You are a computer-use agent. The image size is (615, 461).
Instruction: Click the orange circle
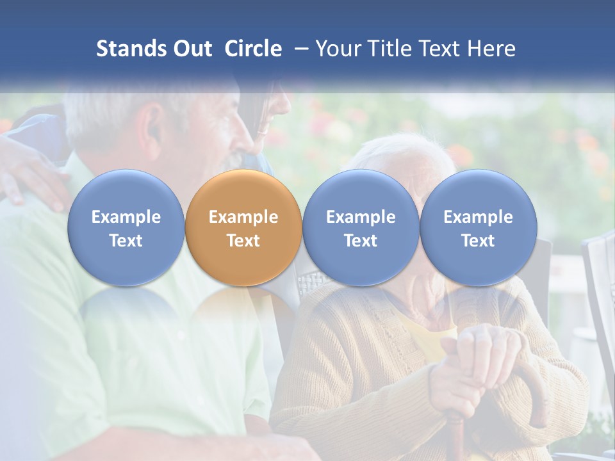point(243,228)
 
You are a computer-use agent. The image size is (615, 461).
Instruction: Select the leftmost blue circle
point(126,228)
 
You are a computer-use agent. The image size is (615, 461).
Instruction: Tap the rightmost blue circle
point(479,228)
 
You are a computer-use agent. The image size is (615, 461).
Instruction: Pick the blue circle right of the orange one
point(361,228)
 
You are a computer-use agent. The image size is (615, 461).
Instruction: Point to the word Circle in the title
point(253,49)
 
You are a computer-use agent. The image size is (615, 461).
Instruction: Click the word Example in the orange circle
point(243,217)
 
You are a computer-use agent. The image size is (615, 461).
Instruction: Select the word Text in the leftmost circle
point(126,241)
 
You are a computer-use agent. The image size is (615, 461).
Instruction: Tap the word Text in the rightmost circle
point(479,241)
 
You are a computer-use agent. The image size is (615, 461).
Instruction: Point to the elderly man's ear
point(152,125)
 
